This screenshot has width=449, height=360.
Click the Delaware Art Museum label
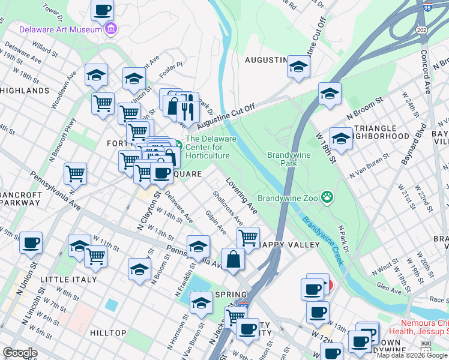pyautogui.click(x=60, y=29)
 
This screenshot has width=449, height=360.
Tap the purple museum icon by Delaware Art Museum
pyautogui.click(x=110, y=28)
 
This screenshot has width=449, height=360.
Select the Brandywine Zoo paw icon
pyautogui.click(x=327, y=196)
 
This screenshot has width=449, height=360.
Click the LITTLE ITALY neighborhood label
pyautogui.click(x=68, y=280)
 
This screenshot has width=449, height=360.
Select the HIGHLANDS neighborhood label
pyautogui.click(x=25, y=91)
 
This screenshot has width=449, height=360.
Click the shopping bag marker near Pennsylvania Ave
pyautogui.click(x=233, y=259)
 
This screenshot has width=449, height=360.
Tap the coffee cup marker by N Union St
pyautogui.click(x=31, y=243)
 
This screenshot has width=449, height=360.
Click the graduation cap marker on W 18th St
pyautogui.click(x=340, y=139)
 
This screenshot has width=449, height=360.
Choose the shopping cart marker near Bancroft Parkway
pyautogui.click(x=76, y=174)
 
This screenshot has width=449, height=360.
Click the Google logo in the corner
pyautogui.click(x=20, y=352)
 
